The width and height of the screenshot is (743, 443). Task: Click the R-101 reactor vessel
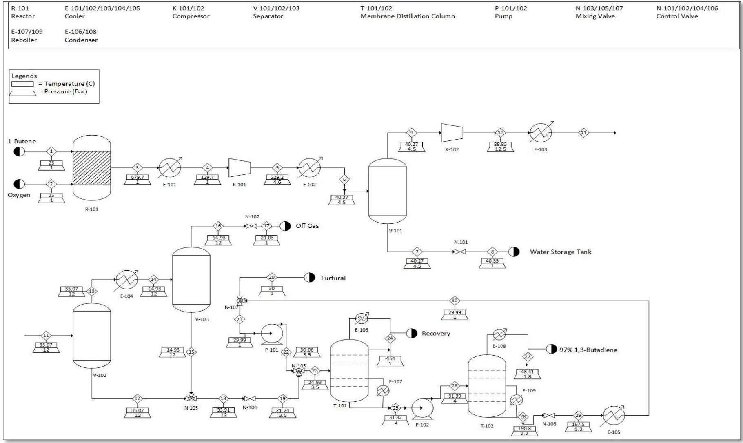[92, 168]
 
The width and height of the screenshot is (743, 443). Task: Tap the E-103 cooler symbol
[541, 132]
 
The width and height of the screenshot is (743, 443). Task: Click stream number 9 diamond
[412, 133]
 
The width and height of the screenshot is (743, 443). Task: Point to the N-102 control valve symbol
[251, 226]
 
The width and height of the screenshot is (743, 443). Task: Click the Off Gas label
[307, 226]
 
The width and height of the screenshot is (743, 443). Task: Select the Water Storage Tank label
[560, 252]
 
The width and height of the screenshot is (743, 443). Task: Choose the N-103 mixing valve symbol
[191, 398]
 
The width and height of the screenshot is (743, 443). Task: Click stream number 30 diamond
[455, 301]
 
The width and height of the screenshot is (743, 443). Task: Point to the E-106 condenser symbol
[362, 318]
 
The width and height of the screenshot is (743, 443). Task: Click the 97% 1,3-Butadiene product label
[588, 350]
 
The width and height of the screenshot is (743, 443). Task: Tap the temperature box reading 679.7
[138, 177]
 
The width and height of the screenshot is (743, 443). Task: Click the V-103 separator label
[202, 319]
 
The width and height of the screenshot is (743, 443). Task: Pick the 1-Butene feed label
[22, 141]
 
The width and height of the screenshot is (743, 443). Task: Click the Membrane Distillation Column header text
[407, 16]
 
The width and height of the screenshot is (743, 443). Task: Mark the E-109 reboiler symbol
[517, 400]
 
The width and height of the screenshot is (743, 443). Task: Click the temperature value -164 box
[390, 358]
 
